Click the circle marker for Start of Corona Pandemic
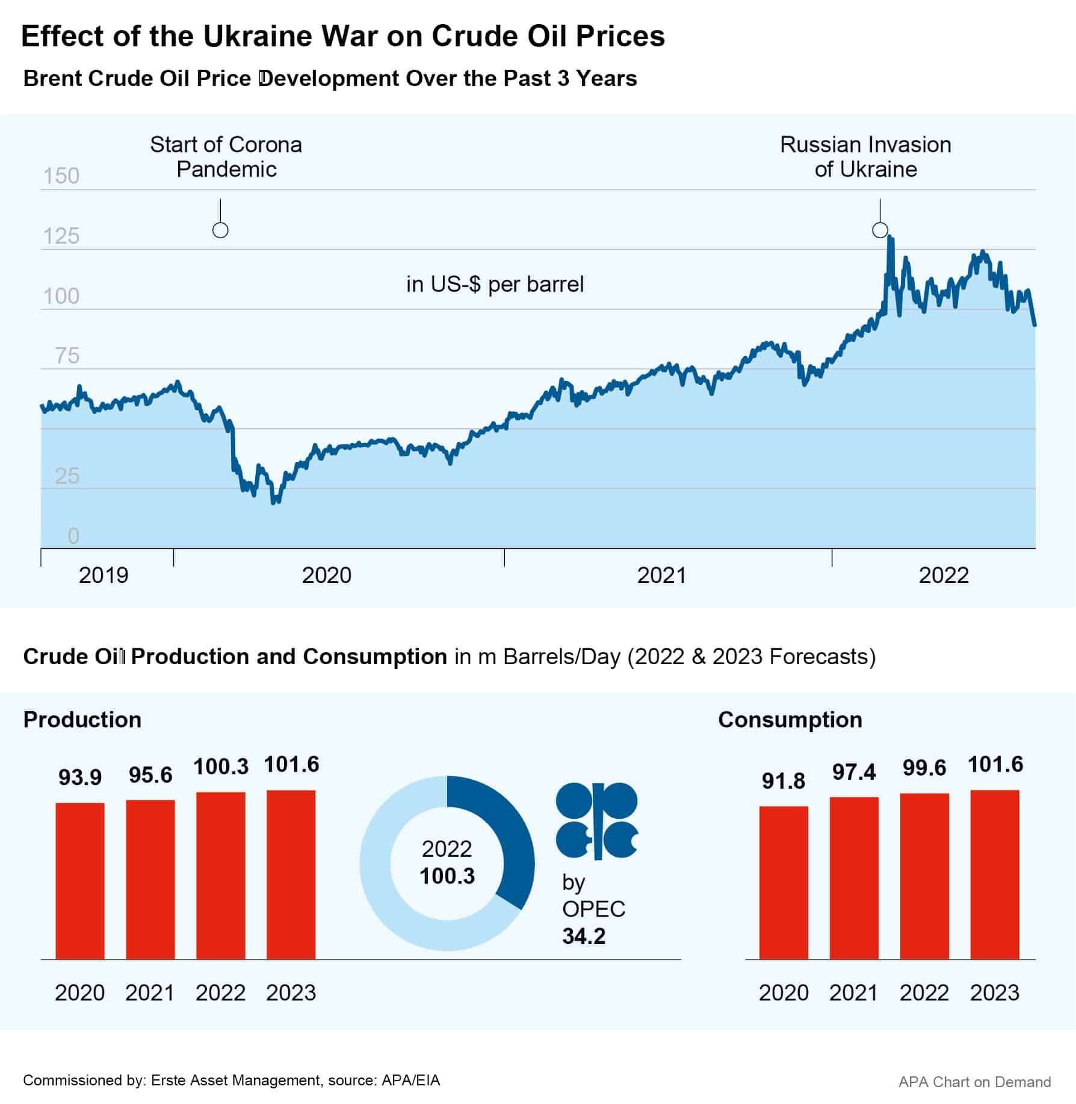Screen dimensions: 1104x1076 [x=220, y=230]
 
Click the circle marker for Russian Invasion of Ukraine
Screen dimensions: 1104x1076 [x=880, y=230]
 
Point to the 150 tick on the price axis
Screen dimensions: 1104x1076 [x=61, y=176]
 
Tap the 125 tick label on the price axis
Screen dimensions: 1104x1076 [x=61, y=236]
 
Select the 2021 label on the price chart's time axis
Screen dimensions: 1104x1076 [x=661, y=576]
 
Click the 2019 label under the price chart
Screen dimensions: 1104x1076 [x=104, y=576]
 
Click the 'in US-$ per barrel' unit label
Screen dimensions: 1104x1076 [x=495, y=284]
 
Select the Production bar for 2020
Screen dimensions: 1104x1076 [x=80, y=881]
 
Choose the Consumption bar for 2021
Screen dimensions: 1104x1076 [x=853, y=878]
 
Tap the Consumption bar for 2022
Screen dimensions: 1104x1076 [x=924, y=876]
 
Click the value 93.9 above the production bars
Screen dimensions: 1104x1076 [x=80, y=777]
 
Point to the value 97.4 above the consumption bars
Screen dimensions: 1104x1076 [x=853, y=772]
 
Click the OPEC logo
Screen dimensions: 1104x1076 [x=596, y=820]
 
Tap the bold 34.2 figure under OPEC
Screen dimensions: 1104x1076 [x=584, y=936]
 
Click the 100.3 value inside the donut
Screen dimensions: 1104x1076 [x=447, y=876]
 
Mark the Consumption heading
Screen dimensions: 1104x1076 [x=790, y=720]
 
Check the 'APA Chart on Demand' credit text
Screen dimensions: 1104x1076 [x=974, y=1082]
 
